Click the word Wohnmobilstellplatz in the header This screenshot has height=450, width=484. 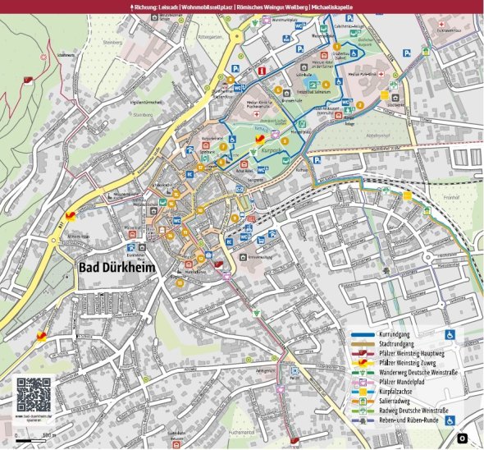click(x=207, y=6)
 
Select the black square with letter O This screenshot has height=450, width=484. click(x=462, y=439)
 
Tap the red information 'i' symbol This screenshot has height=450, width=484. click(x=261, y=72)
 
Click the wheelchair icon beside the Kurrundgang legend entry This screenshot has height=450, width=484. click(x=450, y=334)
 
